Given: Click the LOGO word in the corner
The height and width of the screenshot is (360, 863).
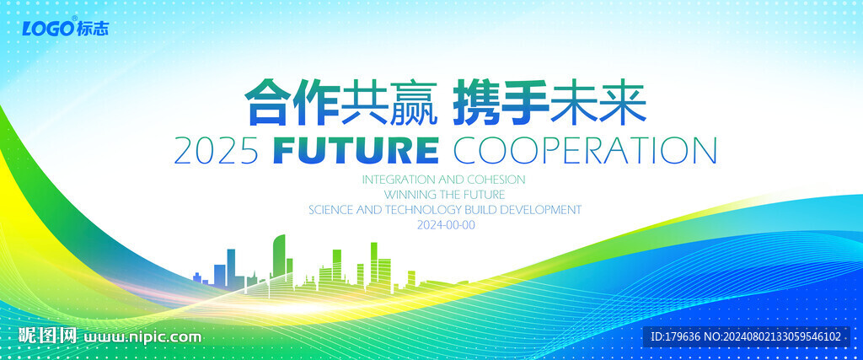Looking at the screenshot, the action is (x=47, y=29).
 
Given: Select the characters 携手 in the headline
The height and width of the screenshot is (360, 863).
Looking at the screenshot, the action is (x=501, y=102).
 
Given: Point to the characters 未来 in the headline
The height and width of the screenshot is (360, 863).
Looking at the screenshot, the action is (x=598, y=102).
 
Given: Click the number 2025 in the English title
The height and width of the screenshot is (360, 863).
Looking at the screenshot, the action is (x=217, y=151).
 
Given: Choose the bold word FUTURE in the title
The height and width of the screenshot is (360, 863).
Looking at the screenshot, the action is (x=356, y=151).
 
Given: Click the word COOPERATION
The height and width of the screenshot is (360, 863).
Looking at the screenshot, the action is (x=585, y=151).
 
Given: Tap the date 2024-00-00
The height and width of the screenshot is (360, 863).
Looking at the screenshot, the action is (x=446, y=225).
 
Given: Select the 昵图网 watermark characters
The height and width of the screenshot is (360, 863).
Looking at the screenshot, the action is (x=47, y=336).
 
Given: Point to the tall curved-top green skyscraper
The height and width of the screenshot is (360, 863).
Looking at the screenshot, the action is (x=279, y=258).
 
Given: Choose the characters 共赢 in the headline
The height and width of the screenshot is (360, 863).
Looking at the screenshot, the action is (x=389, y=102).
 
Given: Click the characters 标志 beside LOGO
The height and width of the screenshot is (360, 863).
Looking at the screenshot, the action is (x=93, y=29).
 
